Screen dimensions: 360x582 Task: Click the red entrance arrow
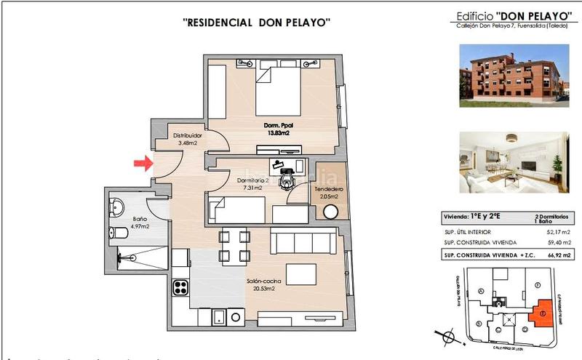[x=143, y=164]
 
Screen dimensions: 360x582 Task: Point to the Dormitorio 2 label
[x=253, y=180]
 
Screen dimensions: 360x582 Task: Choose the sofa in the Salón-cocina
[x=303, y=240]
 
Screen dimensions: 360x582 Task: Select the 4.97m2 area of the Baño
[x=140, y=226]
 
